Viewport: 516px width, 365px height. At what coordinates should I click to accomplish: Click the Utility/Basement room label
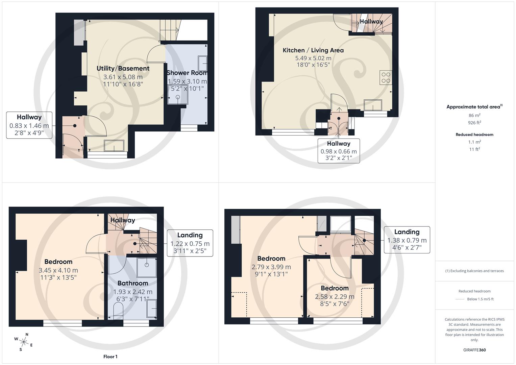pyautogui.click(x=123, y=68)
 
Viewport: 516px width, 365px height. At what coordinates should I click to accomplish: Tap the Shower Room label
pyautogui.click(x=187, y=73)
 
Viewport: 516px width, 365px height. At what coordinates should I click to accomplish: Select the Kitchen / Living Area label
pyautogui.click(x=313, y=50)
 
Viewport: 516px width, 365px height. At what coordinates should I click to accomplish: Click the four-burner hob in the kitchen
pyautogui.click(x=386, y=77)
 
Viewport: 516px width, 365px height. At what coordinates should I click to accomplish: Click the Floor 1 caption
pyautogui.click(x=110, y=357)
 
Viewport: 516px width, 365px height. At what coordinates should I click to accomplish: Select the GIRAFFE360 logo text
pyautogui.click(x=474, y=350)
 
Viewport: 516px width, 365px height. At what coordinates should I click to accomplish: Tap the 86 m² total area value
pyautogui.click(x=474, y=115)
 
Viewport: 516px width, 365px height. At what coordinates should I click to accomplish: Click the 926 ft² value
pyautogui.click(x=474, y=123)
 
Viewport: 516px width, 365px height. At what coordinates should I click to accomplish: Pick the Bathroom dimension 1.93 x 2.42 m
pyautogui.click(x=132, y=292)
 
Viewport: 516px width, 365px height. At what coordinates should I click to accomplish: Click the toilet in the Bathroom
pyautogui.click(x=119, y=310)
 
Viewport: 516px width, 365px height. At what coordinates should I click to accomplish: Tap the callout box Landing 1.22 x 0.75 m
pyautogui.click(x=190, y=243)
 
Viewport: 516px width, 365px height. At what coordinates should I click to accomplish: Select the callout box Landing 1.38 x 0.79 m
pyautogui.click(x=407, y=240)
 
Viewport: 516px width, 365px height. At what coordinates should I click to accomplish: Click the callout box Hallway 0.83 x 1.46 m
pyautogui.click(x=29, y=125)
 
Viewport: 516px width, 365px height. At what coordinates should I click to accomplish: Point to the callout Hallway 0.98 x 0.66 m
pyautogui.click(x=339, y=151)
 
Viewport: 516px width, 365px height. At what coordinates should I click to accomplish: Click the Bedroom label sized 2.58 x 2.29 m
pyautogui.click(x=335, y=288)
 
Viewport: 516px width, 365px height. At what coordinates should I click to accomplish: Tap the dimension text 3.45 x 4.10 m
pyautogui.click(x=58, y=270)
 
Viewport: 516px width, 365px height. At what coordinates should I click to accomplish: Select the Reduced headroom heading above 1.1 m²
pyautogui.click(x=474, y=135)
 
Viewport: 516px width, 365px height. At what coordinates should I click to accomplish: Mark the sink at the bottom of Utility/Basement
pyautogui.click(x=114, y=146)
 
